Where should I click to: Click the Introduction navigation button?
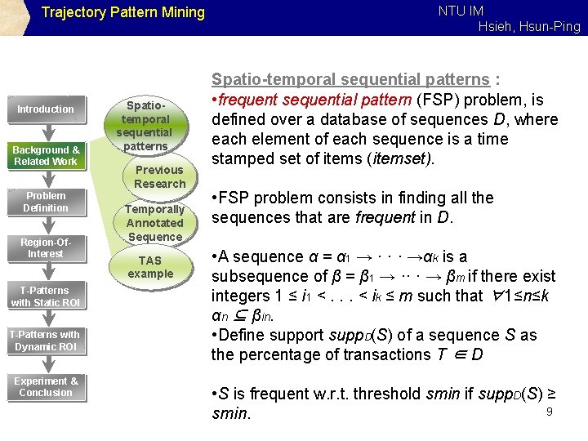pyautogui.click(x=46, y=109)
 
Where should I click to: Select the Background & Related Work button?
pyautogui.click(x=46, y=155)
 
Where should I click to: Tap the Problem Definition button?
pyautogui.click(x=46, y=202)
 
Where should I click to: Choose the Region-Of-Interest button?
pyautogui.click(x=46, y=247)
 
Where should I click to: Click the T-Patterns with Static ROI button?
pyautogui.click(x=46, y=296)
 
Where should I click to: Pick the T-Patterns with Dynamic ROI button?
pyautogui.click(x=46, y=341)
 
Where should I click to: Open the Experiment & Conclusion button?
pyautogui.click(x=46, y=386)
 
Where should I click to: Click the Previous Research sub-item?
pyautogui.click(x=159, y=176)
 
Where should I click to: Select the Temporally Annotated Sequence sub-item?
pyautogui.click(x=154, y=223)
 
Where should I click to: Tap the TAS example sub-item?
pyautogui.click(x=150, y=267)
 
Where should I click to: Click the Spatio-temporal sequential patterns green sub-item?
pyautogui.click(x=144, y=126)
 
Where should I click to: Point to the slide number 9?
pyautogui.click(x=550, y=411)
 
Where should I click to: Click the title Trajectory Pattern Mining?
pyautogui.click(x=122, y=12)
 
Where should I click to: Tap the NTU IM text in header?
pyautogui.click(x=461, y=11)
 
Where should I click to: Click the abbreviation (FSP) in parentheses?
pyautogui.click(x=433, y=100)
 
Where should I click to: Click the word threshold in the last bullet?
pyautogui.click(x=383, y=393)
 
